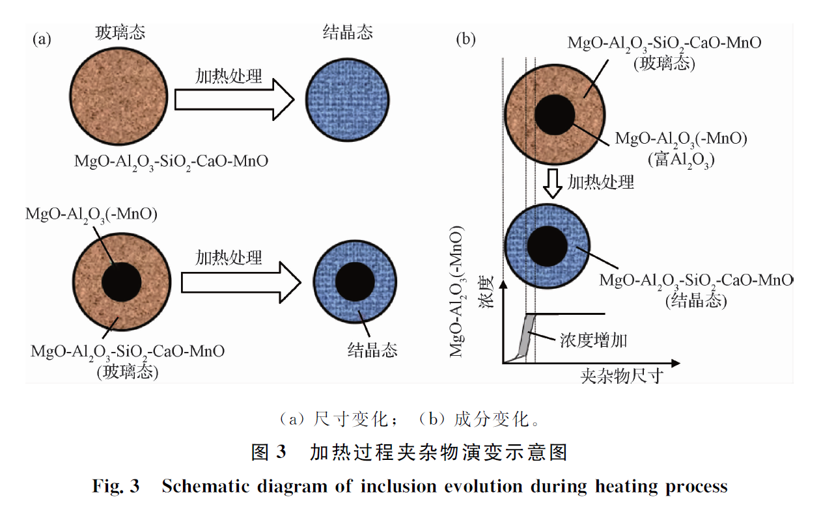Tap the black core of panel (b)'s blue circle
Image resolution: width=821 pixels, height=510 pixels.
(547, 246)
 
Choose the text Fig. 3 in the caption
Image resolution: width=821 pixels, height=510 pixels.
(116, 486)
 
